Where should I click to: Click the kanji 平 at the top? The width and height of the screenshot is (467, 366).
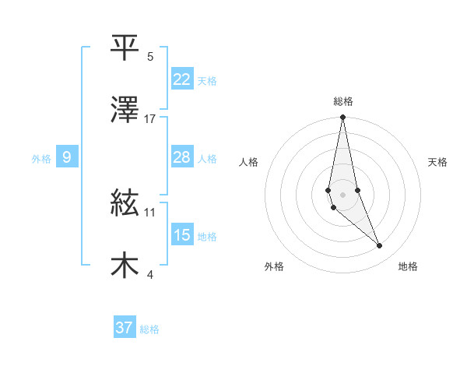pos(125,48)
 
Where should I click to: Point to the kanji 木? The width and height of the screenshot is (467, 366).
pos(125,266)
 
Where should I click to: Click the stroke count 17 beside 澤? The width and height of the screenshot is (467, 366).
pos(150,118)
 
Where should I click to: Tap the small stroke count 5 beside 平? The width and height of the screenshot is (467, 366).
pos(150,56)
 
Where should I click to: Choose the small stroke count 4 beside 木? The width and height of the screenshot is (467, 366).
pos(150,274)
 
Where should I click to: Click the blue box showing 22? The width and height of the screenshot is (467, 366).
pos(182,79)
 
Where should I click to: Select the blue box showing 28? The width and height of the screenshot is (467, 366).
pos(182,157)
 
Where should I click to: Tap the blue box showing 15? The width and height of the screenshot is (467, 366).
pos(182,235)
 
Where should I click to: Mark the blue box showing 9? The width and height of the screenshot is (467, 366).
pos(67,158)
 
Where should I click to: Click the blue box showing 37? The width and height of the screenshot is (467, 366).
pos(125,328)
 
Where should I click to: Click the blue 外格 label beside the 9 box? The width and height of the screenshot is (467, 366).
pos(41,159)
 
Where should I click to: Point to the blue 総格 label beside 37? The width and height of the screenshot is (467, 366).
pos(149,329)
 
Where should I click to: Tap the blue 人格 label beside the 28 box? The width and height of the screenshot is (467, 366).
pos(207,159)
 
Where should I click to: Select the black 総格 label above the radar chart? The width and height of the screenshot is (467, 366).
pos(342,101)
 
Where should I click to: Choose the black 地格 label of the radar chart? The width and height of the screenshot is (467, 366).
pos(408,266)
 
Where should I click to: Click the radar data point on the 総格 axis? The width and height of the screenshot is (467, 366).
pos(342,118)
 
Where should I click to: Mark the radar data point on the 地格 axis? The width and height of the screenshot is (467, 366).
pos(380,246)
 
